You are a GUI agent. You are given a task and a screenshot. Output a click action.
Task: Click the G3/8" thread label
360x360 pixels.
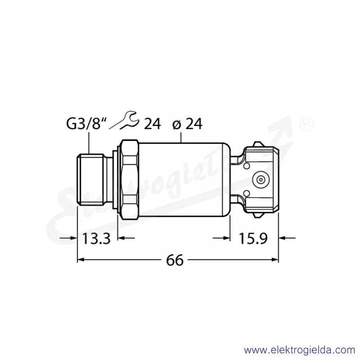pyautogui.click(x=86, y=124)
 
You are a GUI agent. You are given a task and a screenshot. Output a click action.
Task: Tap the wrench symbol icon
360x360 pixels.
pyautogui.click(x=124, y=120)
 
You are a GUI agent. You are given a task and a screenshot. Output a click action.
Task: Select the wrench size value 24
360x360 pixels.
pyautogui.click(x=152, y=124)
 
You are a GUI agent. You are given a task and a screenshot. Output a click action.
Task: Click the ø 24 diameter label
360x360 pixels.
pyautogui.click(x=187, y=124)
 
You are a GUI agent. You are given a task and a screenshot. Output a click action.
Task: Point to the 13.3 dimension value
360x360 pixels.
pyautogui.click(x=96, y=238)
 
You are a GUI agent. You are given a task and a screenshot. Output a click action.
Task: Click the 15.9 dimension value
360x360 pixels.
pyautogui.click(x=253, y=238)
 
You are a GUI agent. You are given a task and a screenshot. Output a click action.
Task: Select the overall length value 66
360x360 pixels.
pyautogui.click(x=175, y=260)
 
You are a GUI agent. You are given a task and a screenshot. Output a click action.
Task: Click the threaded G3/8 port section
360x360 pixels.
pyautogui.click(x=90, y=179)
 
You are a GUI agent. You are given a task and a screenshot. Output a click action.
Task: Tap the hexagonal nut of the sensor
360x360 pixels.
pyautogui.click(x=130, y=180)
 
